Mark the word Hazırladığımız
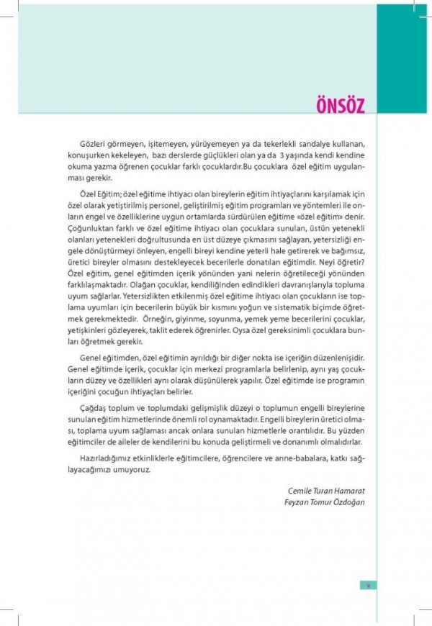pos(105,457)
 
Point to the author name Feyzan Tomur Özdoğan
pos(325,502)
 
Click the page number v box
pos(366,584)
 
